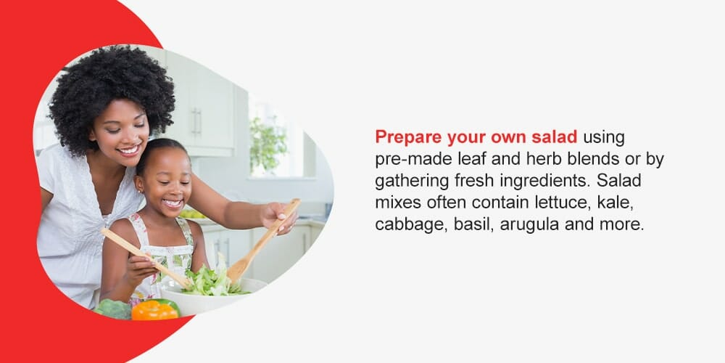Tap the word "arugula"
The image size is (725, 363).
(x=531, y=224)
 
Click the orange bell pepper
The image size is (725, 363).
(x=154, y=310)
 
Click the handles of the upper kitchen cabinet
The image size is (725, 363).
(x=196, y=121)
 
